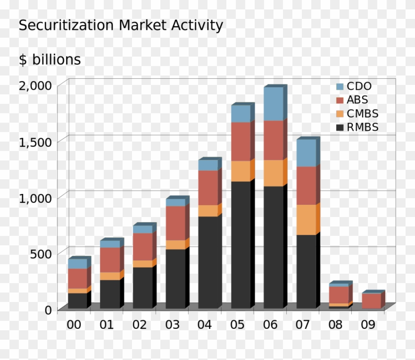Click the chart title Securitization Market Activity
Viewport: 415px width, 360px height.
(121, 25)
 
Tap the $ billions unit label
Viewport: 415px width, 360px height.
(50, 60)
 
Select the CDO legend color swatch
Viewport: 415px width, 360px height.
(340, 87)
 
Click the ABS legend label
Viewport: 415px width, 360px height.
(357, 100)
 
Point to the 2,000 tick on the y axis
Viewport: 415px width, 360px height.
(35, 85)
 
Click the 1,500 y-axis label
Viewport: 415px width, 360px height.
(35, 141)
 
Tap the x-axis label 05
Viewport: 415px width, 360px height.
(238, 325)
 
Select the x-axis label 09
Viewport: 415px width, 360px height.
(369, 325)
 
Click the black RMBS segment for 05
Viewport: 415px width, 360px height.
(241, 245)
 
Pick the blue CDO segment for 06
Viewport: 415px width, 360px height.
(273, 104)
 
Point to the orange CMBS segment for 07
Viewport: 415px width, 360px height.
(306, 219)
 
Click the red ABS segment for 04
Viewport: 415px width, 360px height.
(208, 187)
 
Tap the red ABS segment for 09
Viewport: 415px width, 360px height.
(371, 301)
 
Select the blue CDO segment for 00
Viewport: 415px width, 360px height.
(77, 263)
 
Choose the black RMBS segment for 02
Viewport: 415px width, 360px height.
(142, 288)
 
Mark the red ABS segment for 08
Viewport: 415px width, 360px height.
(339, 294)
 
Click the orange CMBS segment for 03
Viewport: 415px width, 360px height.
(175, 244)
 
